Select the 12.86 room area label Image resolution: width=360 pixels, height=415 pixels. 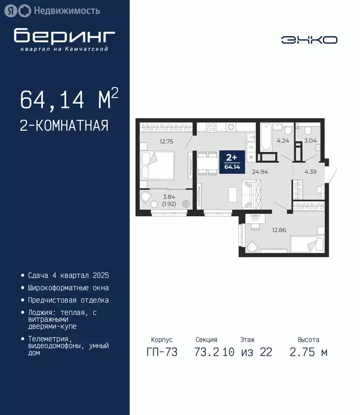coord(279,230)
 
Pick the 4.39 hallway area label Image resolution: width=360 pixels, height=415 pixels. coord(310,172)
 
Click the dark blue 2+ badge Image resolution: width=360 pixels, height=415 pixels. coord(231,161)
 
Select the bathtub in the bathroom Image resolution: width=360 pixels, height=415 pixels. coord(266,138)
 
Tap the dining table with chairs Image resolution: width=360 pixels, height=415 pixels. coord(205,164)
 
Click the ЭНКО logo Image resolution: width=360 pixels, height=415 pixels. coord(309,39)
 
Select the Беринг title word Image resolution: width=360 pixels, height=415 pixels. coord(64,36)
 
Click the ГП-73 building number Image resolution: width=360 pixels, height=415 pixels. coord(161,353)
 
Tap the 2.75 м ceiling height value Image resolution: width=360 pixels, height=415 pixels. coord(308,353)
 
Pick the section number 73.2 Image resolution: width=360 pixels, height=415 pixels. coord(206,353)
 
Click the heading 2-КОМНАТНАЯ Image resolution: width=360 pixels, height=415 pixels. coord(64,126)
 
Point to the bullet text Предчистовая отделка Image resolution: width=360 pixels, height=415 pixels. coord(68,300)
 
